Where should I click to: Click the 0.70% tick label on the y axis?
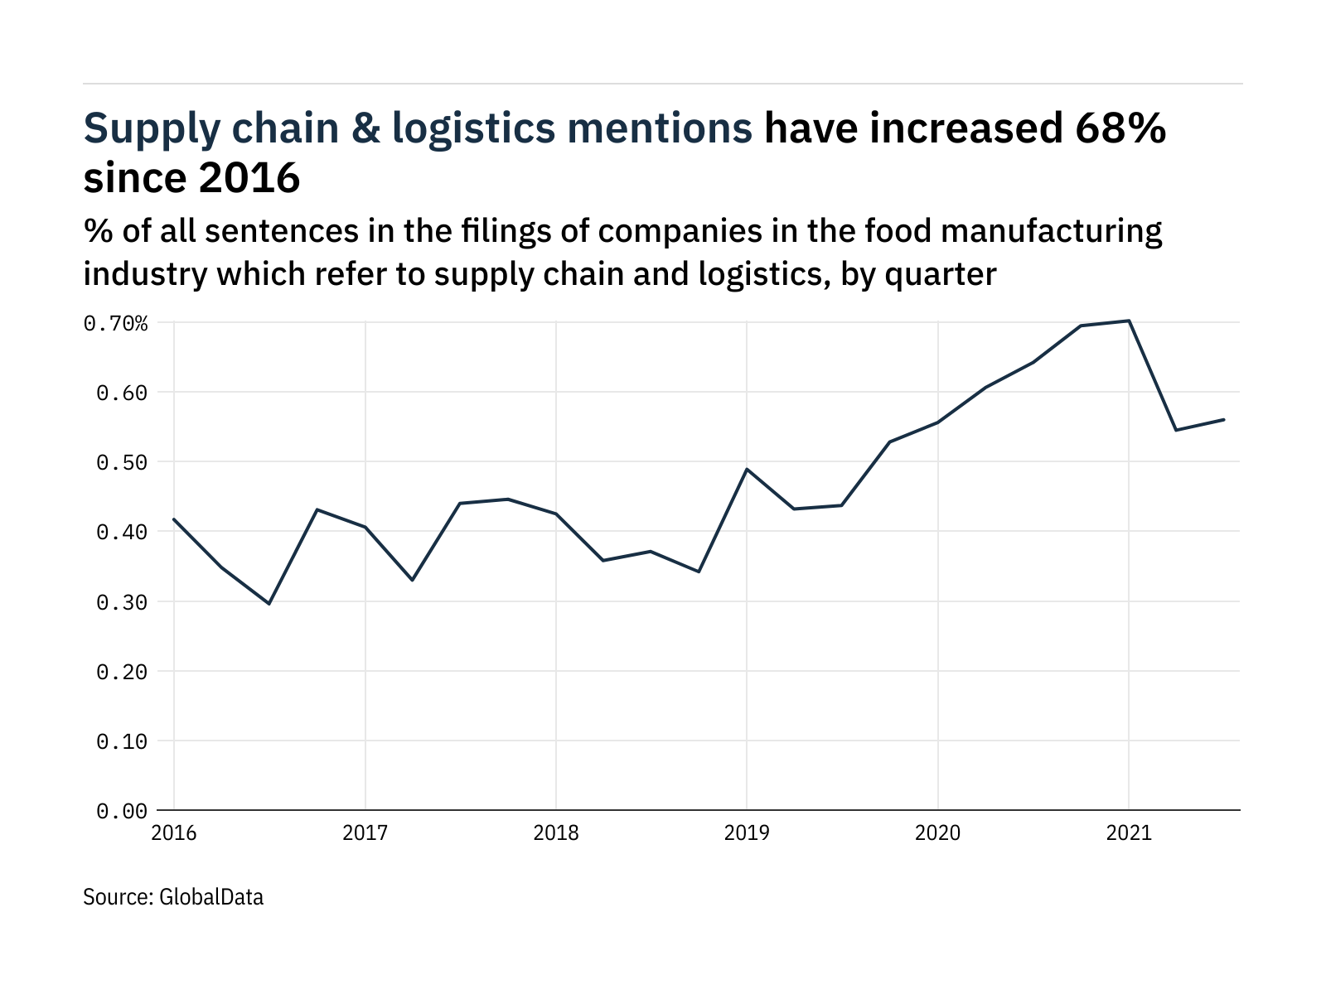(x=116, y=323)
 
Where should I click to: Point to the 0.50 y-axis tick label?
(x=122, y=462)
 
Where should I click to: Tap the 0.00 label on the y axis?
(x=122, y=811)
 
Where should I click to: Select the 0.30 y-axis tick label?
(x=122, y=602)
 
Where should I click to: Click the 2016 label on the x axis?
(x=174, y=832)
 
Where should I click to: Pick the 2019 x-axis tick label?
(x=747, y=832)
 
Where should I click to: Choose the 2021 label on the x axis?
(x=1129, y=832)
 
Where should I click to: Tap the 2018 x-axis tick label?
(x=556, y=832)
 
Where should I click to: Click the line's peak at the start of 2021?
(x=1129, y=321)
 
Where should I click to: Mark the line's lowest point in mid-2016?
(x=269, y=603)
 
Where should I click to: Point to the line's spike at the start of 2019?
(x=747, y=469)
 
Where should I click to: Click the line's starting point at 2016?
(x=174, y=519)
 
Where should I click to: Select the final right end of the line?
(x=1224, y=419)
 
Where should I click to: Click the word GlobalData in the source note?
(x=211, y=896)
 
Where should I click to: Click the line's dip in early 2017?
(x=413, y=580)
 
